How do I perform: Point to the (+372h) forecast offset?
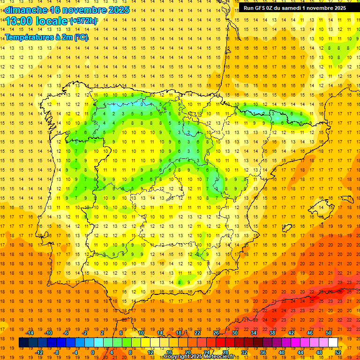tap(84, 21)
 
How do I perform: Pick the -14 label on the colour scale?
tap(30, 332)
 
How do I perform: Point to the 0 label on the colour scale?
tap(92, 352)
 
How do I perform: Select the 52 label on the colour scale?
tap(338, 352)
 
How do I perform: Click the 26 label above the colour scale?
tap(216, 332)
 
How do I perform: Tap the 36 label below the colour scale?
tap(262, 352)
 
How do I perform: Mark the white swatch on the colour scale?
tap(333, 342)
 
